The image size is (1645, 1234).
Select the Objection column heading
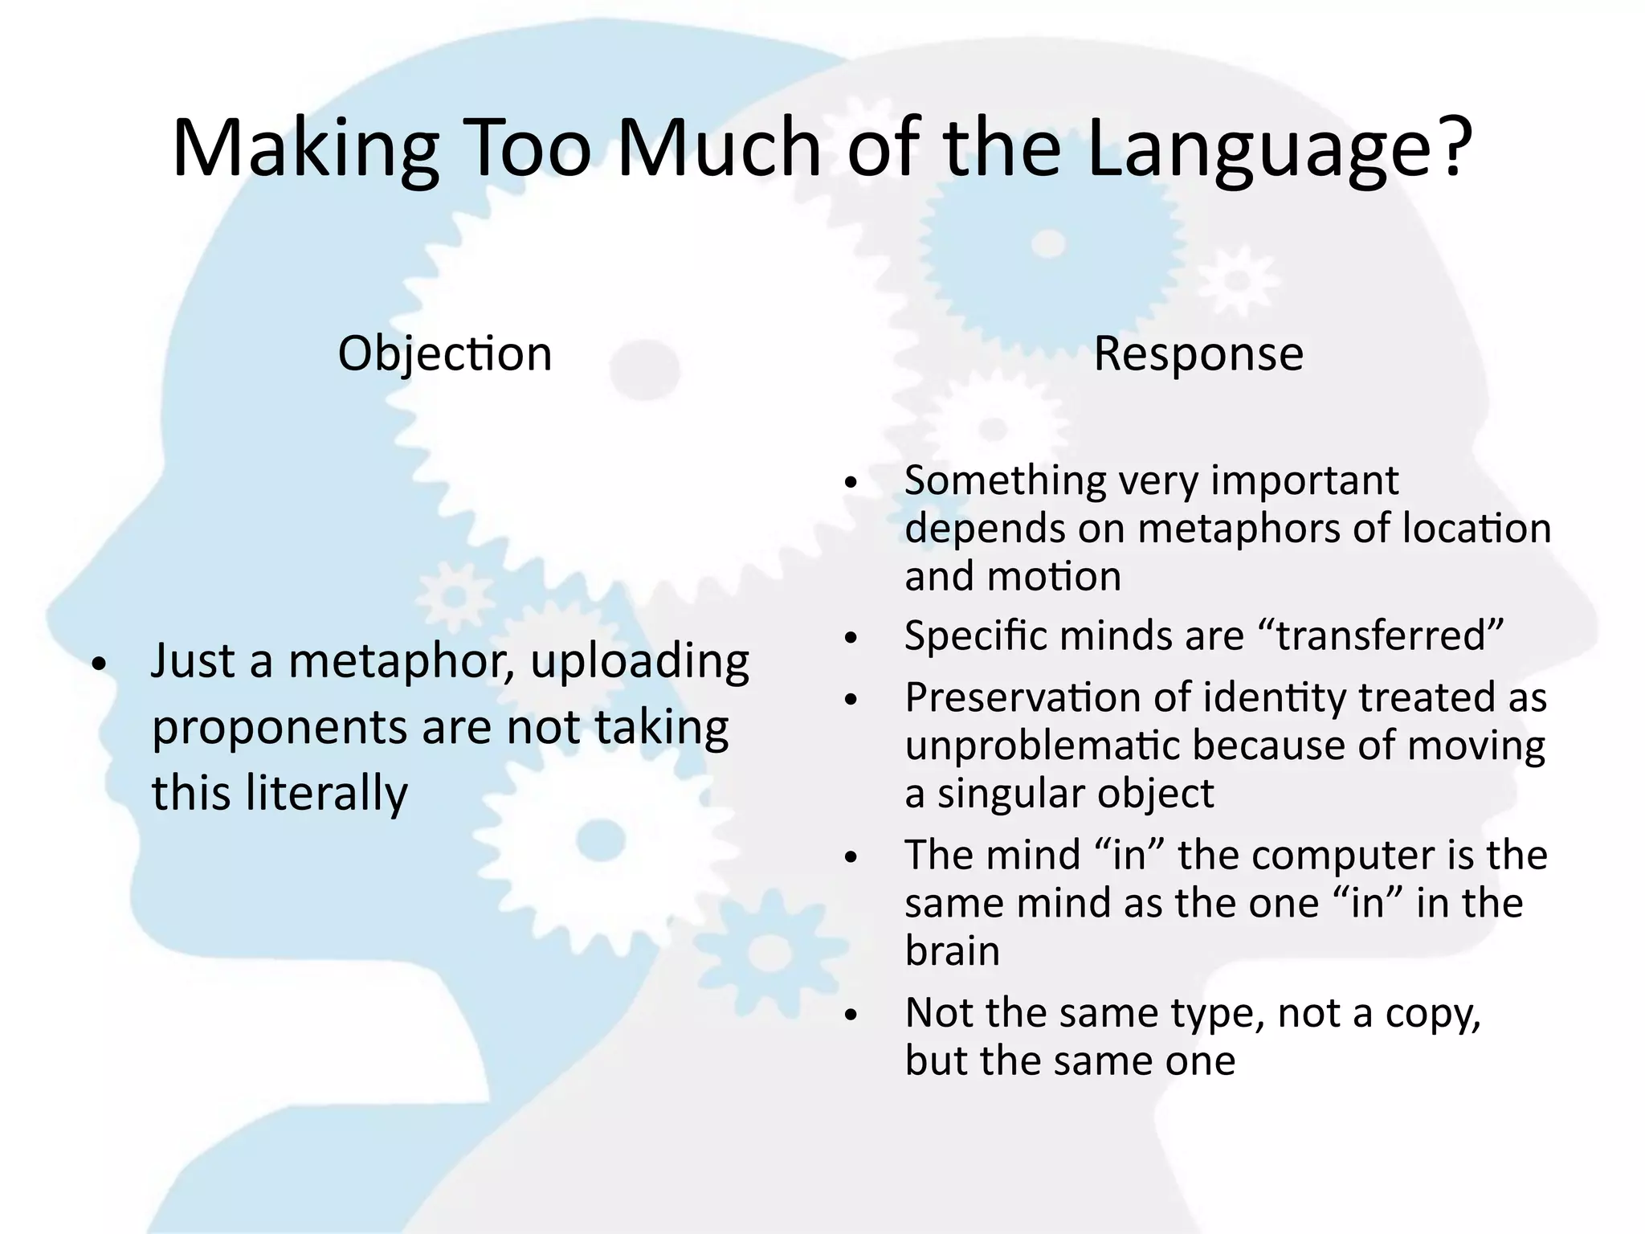(x=445, y=353)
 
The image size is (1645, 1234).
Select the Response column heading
(x=1198, y=353)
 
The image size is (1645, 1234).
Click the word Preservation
(x=1023, y=697)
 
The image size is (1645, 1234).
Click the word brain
(x=952, y=951)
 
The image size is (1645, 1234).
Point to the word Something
(x=1006, y=480)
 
